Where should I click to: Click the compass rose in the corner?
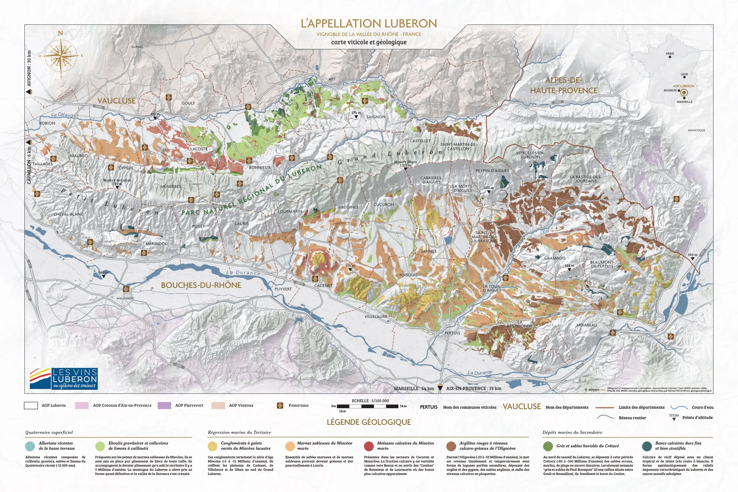(x=61, y=55)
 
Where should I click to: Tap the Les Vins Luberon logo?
(x=63, y=378)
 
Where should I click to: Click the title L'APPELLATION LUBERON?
(x=369, y=24)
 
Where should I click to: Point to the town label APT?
(x=332, y=79)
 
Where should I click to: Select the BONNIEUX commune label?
(x=259, y=167)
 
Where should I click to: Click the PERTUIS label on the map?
(x=452, y=333)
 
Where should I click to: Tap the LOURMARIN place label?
(x=290, y=211)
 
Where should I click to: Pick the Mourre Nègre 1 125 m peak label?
(x=405, y=164)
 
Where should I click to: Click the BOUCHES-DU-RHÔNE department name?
(x=201, y=285)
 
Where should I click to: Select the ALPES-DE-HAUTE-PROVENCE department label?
(x=563, y=85)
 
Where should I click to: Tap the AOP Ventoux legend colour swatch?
(x=218, y=405)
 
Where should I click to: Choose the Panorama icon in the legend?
(x=280, y=405)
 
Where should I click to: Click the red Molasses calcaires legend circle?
(x=369, y=446)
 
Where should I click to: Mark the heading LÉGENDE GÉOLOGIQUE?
(x=369, y=422)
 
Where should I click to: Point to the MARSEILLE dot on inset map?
(x=684, y=98)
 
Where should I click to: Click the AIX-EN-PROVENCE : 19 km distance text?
(x=473, y=388)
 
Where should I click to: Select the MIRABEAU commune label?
(x=587, y=325)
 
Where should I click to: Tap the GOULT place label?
(x=188, y=103)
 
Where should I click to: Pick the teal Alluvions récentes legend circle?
(x=30, y=446)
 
